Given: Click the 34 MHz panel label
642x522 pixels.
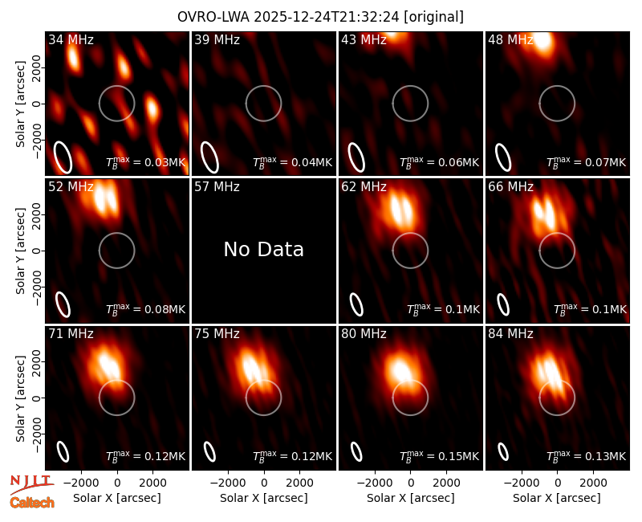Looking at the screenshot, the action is pos(71,39).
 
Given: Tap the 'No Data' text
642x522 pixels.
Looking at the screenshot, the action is pos(264,249).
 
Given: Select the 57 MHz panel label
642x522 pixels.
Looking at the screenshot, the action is pos(217,187).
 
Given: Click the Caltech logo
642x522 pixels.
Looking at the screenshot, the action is pos(32,503).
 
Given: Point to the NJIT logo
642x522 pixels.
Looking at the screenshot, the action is pos(31,483).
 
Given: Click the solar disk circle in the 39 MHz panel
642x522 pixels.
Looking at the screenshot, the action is pos(264,86).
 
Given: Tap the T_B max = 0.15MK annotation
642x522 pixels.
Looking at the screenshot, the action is pos(439,456).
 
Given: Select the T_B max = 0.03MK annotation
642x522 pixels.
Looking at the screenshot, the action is pos(146,162).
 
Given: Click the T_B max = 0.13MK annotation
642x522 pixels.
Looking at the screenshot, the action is pos(587,456).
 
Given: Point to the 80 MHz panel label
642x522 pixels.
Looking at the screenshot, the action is pos(364,334).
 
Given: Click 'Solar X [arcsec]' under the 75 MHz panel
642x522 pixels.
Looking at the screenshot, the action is pos(264,498).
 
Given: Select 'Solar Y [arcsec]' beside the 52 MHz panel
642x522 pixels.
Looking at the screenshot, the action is pos(20,251).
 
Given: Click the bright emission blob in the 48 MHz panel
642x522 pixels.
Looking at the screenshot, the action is pos(543,41).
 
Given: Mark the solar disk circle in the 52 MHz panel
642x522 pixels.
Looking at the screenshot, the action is pos(116,233).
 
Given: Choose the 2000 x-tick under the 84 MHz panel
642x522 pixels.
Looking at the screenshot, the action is pos(593,483).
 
